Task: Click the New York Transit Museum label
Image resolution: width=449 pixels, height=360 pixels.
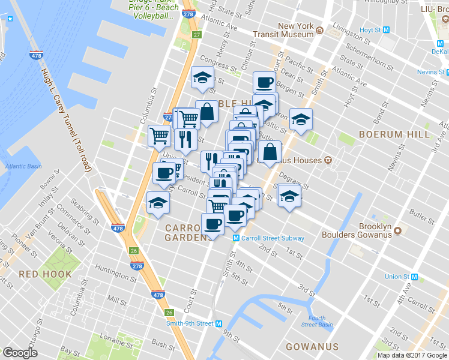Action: (x=295, y=30)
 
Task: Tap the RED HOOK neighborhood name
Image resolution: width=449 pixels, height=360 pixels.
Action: (x=45, y=274)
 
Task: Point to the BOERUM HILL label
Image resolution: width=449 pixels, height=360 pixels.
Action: (x=394, y=134)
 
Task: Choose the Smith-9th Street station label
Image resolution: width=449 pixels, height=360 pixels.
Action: (x=190, y=323)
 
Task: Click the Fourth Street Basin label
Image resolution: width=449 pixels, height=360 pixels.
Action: (x=317, y=322)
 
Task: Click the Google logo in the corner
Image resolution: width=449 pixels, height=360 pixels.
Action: (x=20, y=353)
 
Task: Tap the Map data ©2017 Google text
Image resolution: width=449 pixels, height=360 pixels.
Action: (x=412, y=355)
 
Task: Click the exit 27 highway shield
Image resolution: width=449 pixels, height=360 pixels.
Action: (x=196, y=35)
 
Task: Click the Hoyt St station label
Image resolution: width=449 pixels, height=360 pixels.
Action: (x=370, y=30)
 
